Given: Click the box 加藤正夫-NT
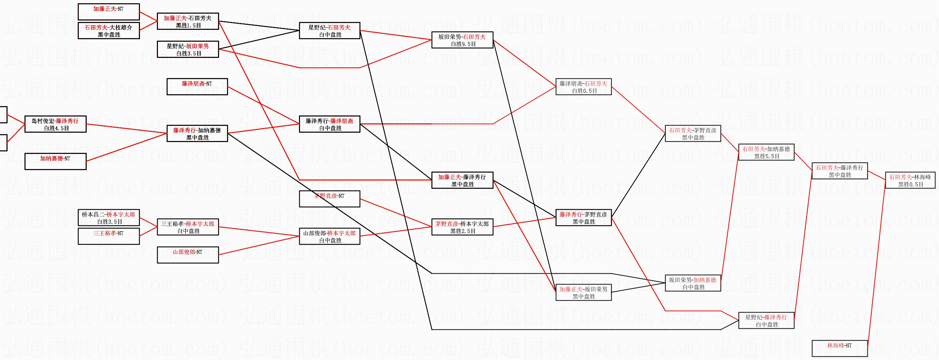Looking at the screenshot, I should coord(109,12).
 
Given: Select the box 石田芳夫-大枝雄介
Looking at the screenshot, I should coord(109,31).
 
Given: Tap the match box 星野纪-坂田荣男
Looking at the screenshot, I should coord(188,49).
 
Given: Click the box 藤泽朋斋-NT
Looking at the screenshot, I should coord(197,87).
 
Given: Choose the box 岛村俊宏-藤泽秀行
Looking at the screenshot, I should coord(55,124).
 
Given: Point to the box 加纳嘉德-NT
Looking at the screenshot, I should coord(55,161).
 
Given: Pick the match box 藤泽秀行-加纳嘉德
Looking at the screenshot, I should coord(197,133).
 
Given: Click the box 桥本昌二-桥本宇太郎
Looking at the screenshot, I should coord(109,218).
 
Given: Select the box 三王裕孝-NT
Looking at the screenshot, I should coord(109,236).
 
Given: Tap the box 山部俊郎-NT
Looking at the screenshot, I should coord(188,255).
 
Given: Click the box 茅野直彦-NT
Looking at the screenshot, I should coord(330,199).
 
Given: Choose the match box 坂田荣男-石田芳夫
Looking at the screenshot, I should coord(462,40).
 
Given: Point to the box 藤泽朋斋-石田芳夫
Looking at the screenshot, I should coord(583,87).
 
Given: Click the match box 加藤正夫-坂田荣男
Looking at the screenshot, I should coord(583,292).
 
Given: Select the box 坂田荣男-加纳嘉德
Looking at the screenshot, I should coord(693,283).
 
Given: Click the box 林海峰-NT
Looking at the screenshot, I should coord(839,348).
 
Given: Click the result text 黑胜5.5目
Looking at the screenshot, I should coord(767,156).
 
